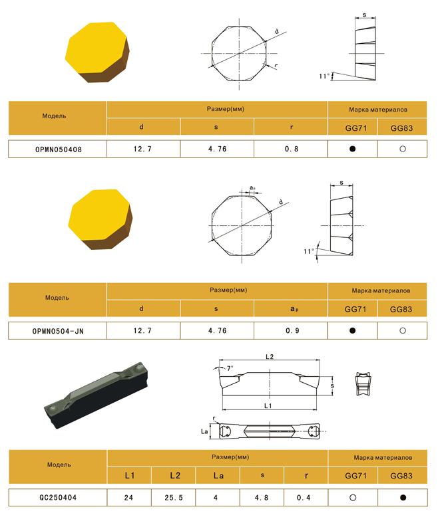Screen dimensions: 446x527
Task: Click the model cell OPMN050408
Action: click(x=59, y=150)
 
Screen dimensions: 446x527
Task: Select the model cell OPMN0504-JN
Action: click(x=58, y=331)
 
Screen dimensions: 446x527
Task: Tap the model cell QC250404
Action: click(x=58, y=497)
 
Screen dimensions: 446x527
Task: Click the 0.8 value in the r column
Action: click(x=292, y=149)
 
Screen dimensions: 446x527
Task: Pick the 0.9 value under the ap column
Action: click(x=292, y=331)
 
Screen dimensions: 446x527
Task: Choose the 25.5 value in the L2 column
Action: click(x=174, y=498)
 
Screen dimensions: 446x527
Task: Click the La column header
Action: click(x=218, y=476)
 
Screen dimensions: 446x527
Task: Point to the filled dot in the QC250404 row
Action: click(x=403, y=497)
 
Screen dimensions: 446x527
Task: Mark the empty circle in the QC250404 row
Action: click(x=353, y=497)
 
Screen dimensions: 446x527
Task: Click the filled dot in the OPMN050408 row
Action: click(x=352, y=149)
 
